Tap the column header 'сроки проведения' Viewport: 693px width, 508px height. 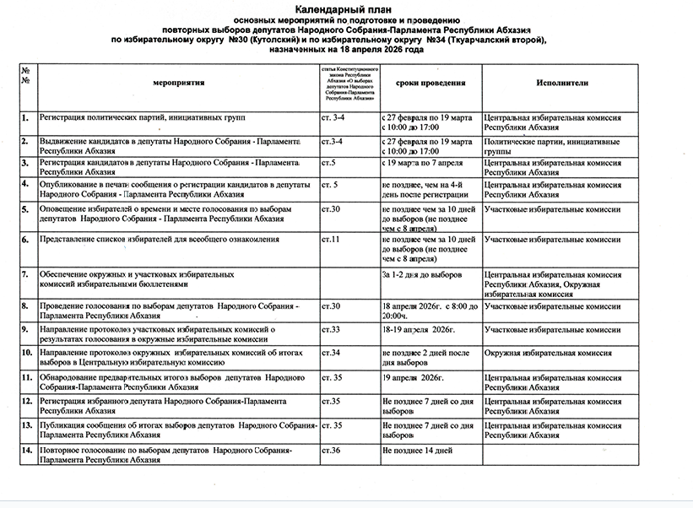coord(430,84)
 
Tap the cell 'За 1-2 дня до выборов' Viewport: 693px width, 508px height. coord(422,275)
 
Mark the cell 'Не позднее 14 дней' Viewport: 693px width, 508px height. coord(418,451)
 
